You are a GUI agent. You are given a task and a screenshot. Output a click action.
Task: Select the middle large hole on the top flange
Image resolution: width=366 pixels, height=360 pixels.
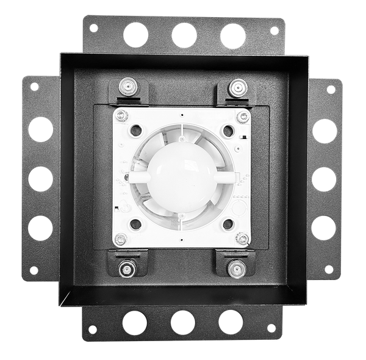[184, 35]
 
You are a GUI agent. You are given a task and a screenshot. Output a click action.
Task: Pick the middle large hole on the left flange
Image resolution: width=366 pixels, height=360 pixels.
[40, 178]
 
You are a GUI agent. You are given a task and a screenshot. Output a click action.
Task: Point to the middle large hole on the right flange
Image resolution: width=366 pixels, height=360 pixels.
[324, 179]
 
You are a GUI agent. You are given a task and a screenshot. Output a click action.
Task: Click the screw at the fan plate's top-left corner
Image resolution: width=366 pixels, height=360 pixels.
[121, 114]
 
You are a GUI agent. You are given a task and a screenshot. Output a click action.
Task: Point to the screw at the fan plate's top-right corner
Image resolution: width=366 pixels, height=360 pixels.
[243, 114]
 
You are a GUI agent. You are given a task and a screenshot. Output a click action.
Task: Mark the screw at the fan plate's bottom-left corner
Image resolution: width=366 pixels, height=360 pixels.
[121, 239]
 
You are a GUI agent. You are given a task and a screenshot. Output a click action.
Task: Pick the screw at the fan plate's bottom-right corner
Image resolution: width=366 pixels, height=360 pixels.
[243, 239]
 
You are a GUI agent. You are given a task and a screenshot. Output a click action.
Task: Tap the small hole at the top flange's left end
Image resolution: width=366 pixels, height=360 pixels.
[93, 28]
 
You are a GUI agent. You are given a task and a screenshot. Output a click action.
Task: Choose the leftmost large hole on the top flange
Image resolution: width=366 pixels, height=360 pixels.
[136, 35]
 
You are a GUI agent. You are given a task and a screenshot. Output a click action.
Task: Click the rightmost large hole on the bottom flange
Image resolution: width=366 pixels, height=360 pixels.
[231, 321]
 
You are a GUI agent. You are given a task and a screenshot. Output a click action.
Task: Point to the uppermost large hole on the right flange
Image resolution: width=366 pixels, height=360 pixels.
[324, 131]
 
